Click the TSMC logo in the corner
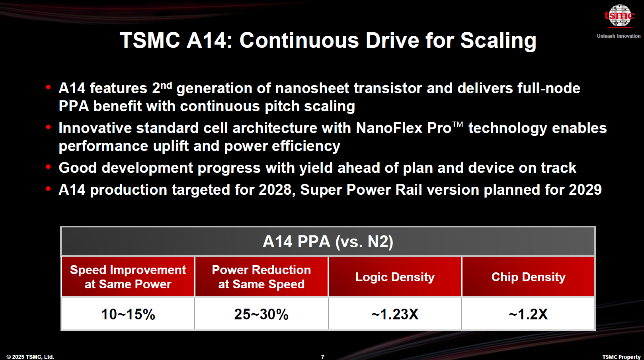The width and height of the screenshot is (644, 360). click(619, 16)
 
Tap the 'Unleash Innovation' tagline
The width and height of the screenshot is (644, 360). click(619, 36)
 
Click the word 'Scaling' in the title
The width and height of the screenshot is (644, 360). click(498, 41)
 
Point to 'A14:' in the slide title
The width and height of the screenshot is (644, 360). click(209, 41)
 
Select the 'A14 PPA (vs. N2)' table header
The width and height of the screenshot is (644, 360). click(328, 242)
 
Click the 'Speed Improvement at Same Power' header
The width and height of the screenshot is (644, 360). click(128, 277)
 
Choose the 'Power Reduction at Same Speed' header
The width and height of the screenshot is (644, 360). click(261, 277)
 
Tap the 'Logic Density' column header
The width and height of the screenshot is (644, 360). click(395, 277)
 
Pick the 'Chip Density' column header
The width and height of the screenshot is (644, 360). click(528, 277)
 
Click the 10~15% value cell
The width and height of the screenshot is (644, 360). click(128, 314)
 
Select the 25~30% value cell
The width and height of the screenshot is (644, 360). click(261, 314)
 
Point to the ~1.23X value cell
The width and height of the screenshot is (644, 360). click(395, 314)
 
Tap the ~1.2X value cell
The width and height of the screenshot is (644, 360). click(528, 314)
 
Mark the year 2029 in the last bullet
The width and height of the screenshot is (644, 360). click(585, 190)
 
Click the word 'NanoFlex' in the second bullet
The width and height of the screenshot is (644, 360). click(389, 128)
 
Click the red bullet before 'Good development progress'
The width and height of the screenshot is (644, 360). click(49, 167)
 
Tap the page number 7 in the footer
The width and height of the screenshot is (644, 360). click(323, 357)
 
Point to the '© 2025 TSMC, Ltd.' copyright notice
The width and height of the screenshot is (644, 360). click(30, 357)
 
